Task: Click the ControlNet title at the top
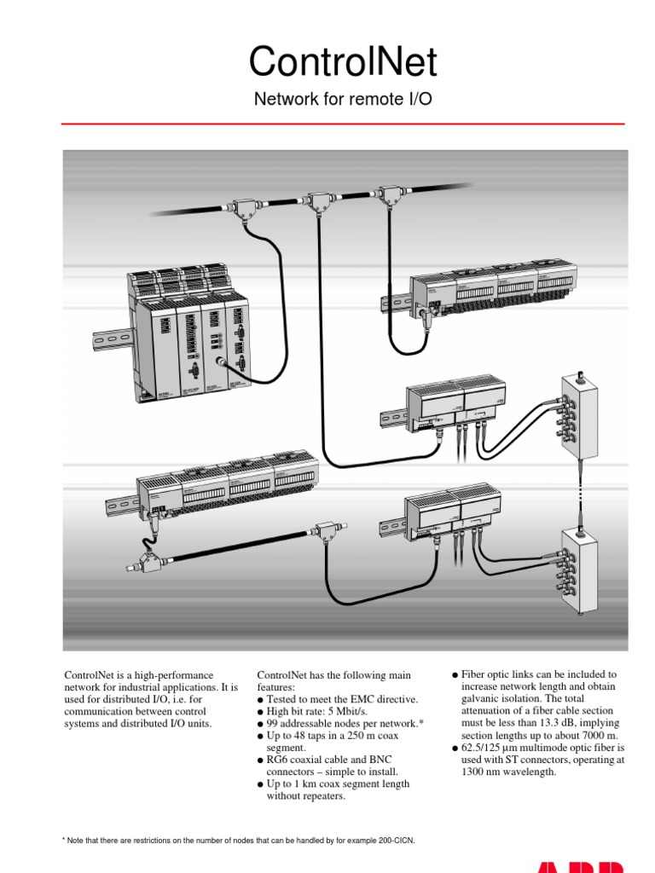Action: pyautogui.click(x=343, y=62)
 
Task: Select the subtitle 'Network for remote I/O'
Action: pyautogui.click(x=343, y=100)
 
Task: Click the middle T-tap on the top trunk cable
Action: pyautogui.click(x=322, y=201)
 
